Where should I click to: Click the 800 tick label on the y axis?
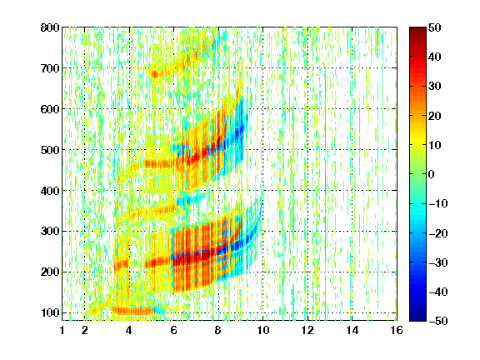tap(50, 27)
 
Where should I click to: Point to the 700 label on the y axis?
tap(50, 68)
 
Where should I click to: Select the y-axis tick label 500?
tap(50, 150)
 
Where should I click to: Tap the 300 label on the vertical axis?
tap(50, 231)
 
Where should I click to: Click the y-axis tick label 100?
tap(50, 312)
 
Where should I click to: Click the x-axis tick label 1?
tap(62, 330)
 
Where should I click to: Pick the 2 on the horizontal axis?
tap(85, 330)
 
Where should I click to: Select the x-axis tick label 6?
tap(174, 330)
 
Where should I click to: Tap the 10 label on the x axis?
tap(262, 330)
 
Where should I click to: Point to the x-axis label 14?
tap(352, 330)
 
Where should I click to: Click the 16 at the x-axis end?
tap(397, 330)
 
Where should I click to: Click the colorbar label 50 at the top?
tap(434, 27)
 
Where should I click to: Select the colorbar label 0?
tap(432, 174)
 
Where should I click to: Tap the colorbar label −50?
tap(438, 321)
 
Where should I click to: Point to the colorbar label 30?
tap(434, 87)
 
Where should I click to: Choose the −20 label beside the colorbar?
tap(438, 233)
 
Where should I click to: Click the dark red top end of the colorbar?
tap(417, 30)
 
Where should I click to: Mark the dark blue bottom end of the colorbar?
tap(417, 318)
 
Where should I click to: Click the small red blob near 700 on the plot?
tap(155, 74)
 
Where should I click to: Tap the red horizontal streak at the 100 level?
tap(132, 311)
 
